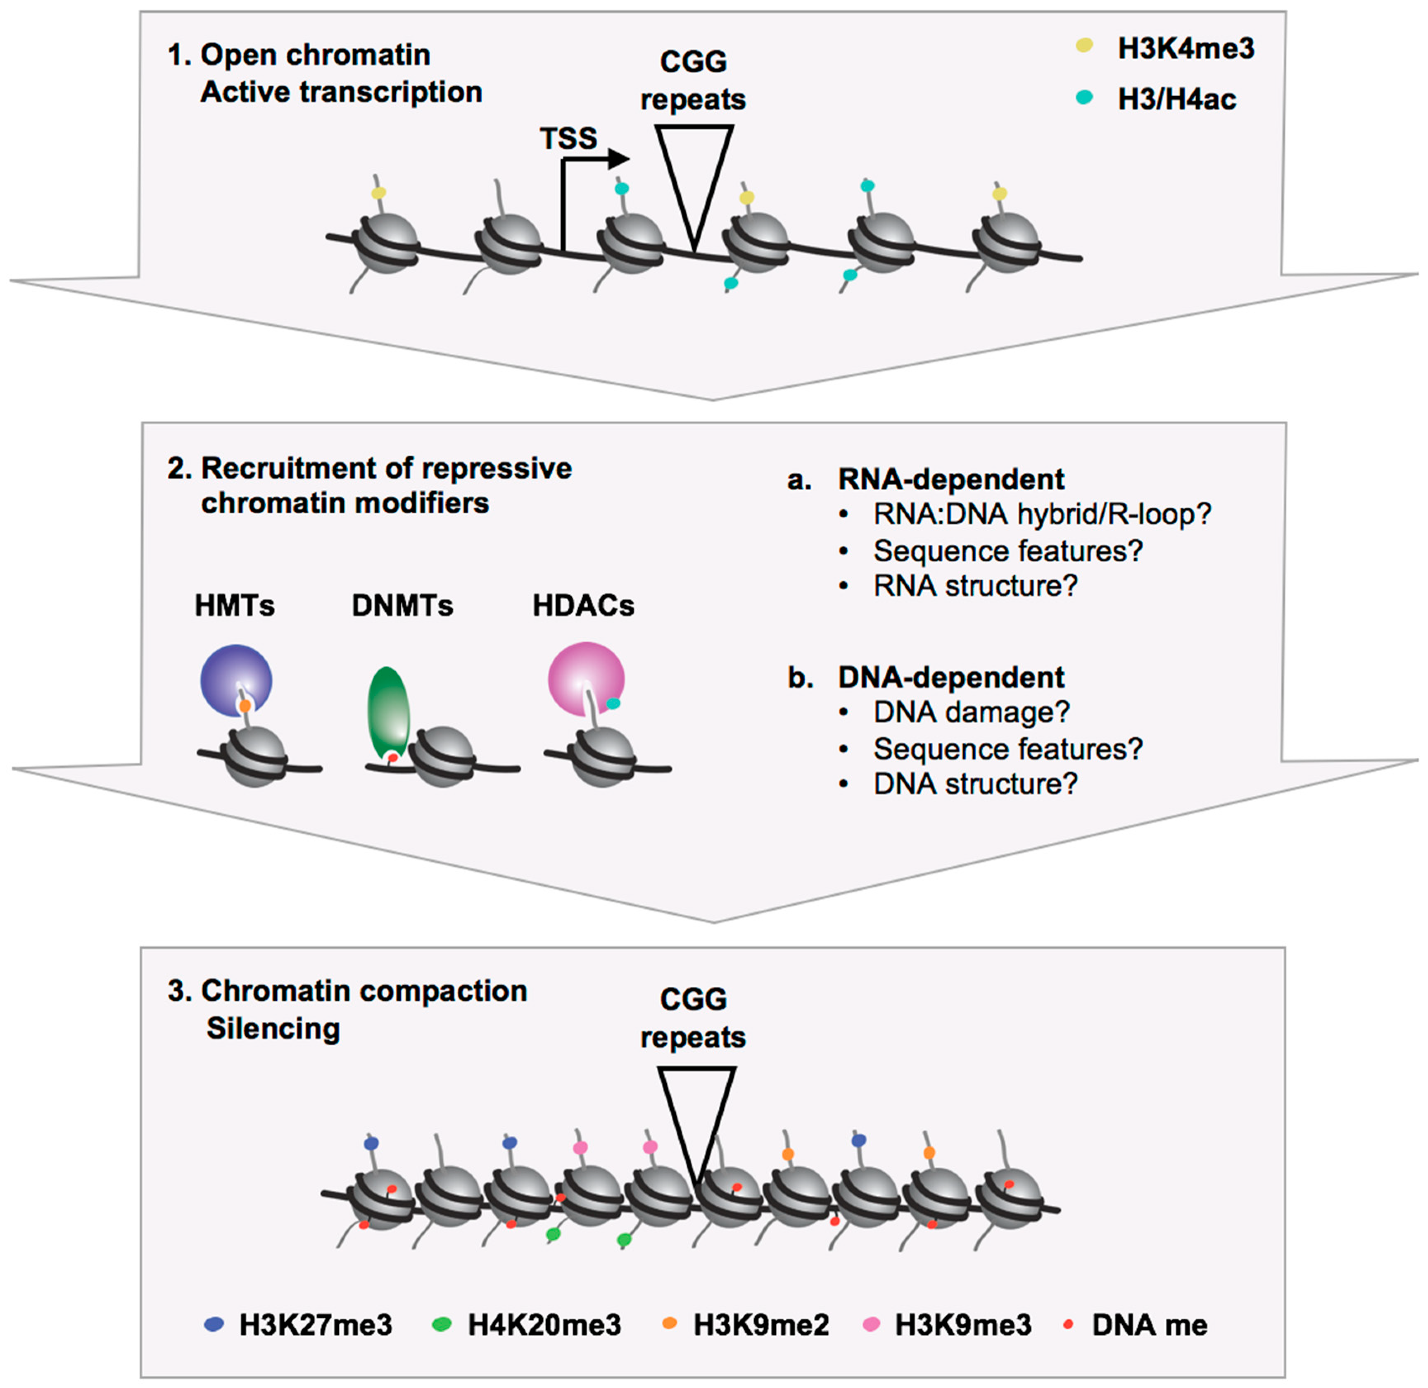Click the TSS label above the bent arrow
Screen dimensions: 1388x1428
coord(568,138)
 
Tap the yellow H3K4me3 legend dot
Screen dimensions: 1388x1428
coord(1084,46)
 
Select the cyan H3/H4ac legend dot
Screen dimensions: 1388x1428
coord(1084,97)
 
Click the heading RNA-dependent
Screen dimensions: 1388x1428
coord(951,479)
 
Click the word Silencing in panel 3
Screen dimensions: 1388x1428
coord(273,1029)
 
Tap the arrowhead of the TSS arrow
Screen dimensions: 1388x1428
coord(619,158)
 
